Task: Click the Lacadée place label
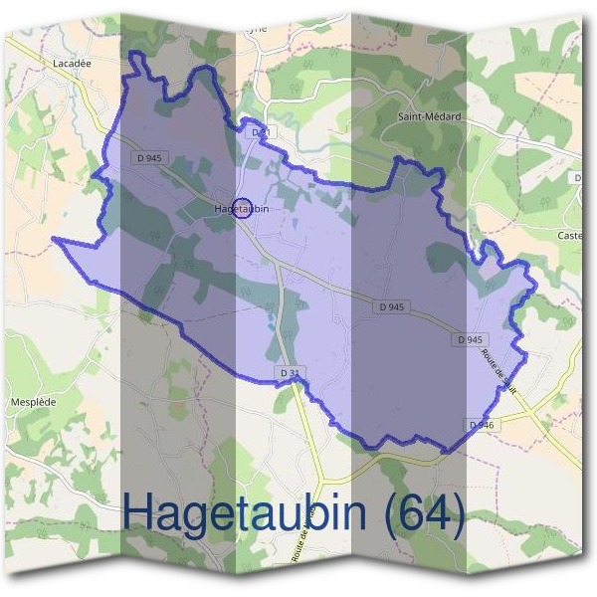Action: point(73,62)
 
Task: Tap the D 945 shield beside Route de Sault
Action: point(470,339)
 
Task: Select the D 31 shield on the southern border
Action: point(290,372)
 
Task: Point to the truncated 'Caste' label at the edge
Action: point(570,235)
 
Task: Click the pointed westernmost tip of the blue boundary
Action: point(54,240)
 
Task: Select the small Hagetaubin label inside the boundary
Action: point(242,209)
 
